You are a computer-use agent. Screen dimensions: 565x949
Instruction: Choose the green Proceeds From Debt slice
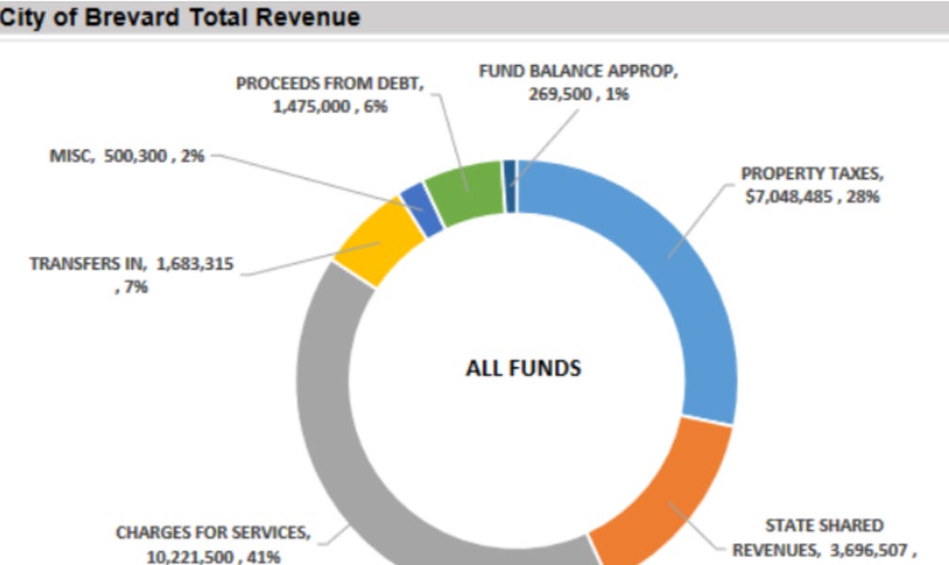coord(466,191)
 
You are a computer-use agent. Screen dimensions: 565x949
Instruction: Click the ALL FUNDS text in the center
coord(523,368)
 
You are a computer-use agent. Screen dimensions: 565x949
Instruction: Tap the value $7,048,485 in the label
coord(790,197)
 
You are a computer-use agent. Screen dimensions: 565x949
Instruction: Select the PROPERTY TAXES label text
coord(811,174)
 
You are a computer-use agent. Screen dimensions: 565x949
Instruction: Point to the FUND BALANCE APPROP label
coord(577,72)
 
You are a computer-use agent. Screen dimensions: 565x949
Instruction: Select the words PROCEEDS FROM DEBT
coord(330,83)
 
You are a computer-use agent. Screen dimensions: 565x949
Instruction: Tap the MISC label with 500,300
coord(126,156)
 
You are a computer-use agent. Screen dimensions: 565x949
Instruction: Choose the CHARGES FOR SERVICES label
coord(212,533)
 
